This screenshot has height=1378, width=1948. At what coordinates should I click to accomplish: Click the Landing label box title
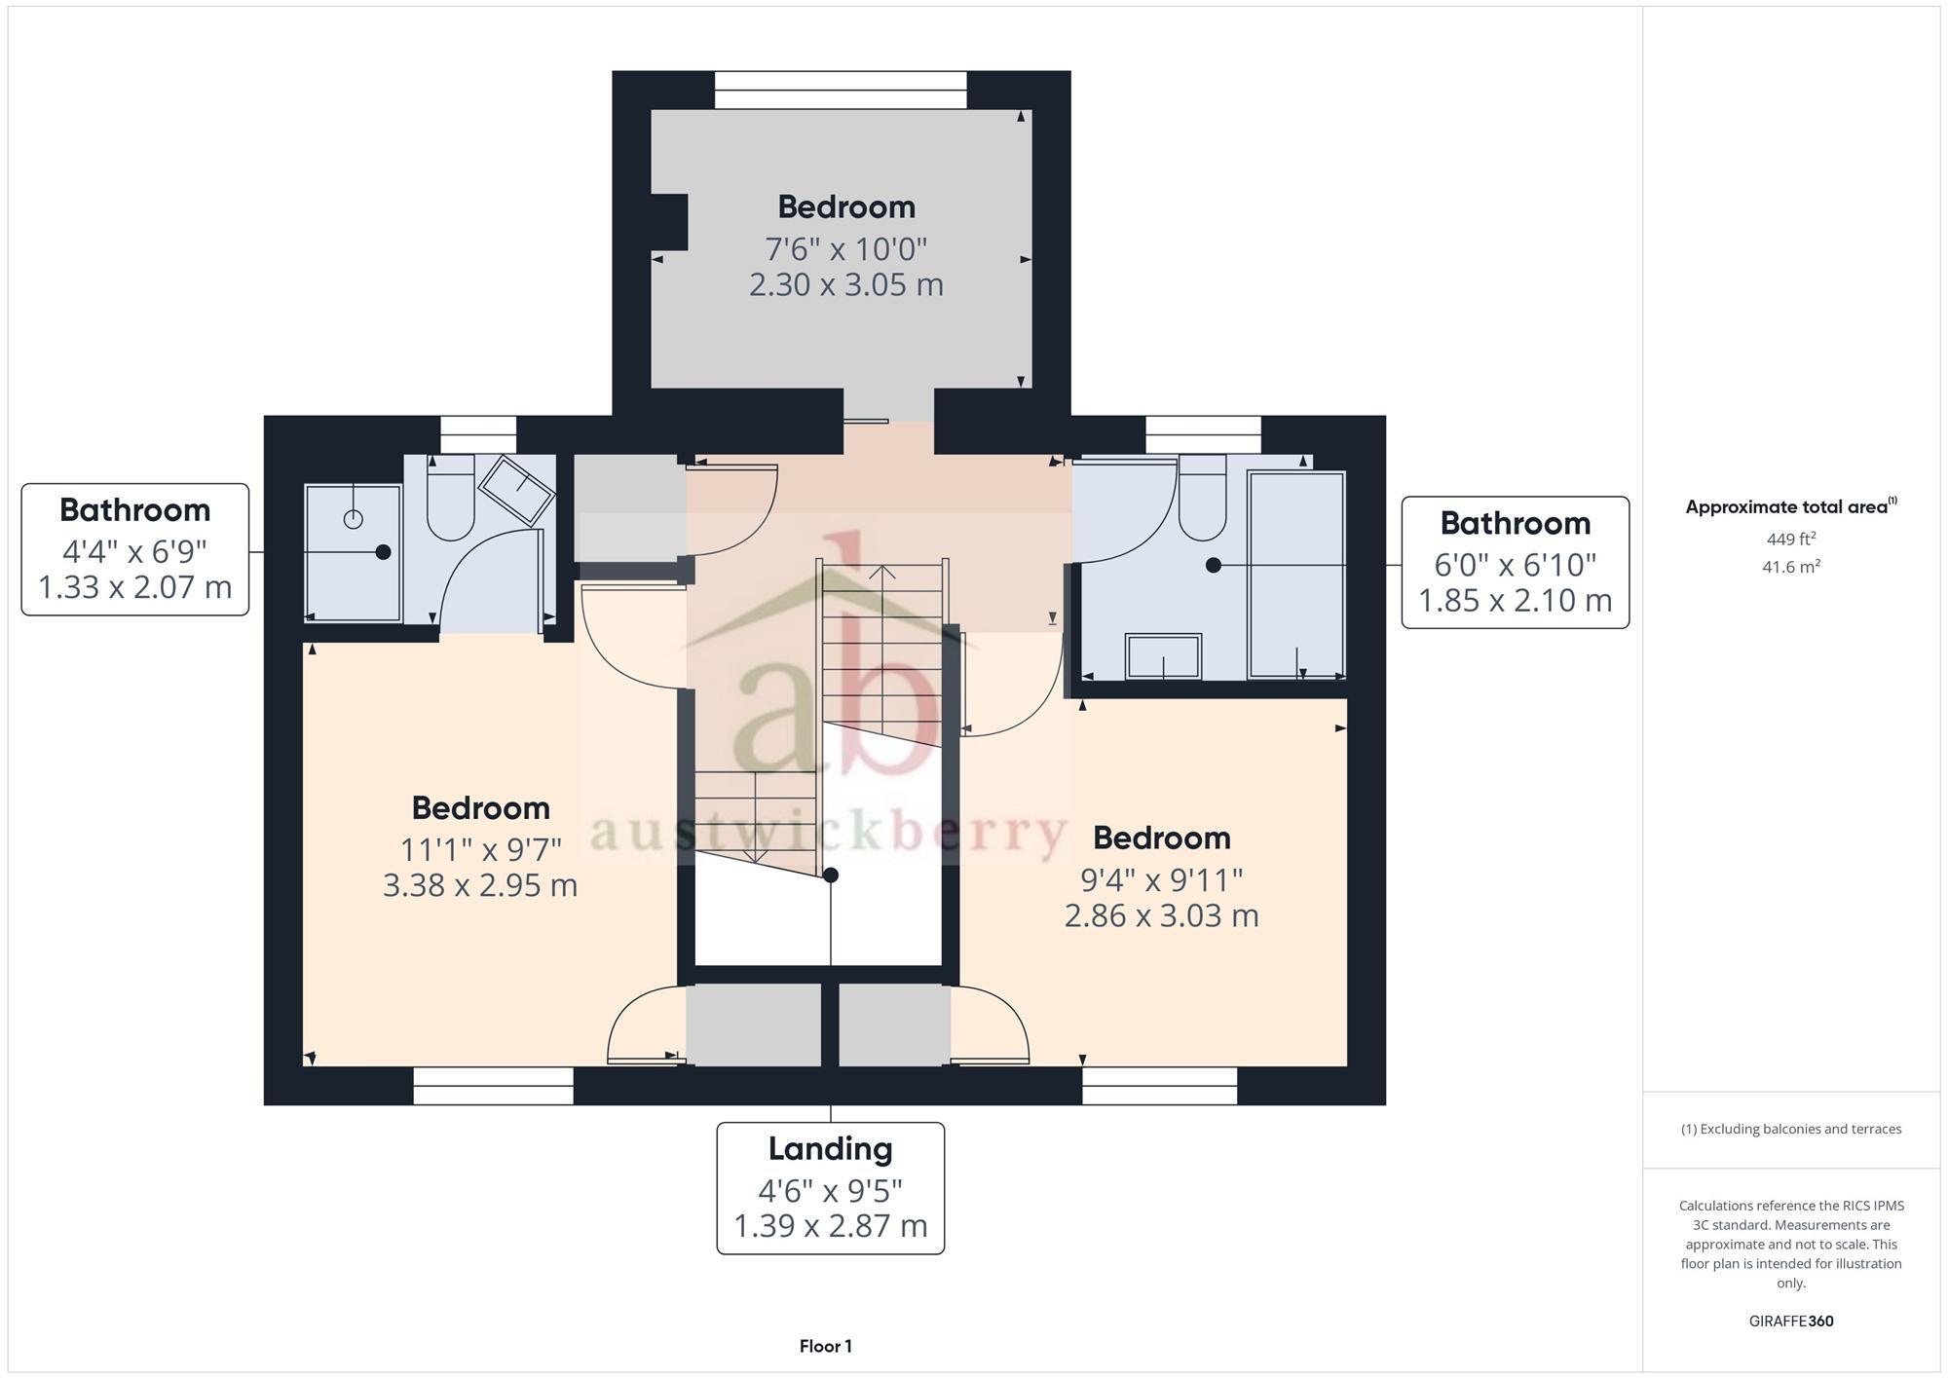point(830,1148)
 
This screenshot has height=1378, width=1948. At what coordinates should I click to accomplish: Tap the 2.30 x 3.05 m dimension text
point(845,285)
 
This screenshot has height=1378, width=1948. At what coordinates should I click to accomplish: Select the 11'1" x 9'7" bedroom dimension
point(480,849)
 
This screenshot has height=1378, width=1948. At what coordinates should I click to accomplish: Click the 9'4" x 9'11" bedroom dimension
point(1161,879)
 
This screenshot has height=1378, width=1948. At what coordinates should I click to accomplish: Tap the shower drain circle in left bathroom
point(353,519)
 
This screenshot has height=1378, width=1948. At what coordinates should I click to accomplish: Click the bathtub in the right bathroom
point(1295,575)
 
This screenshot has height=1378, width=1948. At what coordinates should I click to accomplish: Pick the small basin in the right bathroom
point(1163,655)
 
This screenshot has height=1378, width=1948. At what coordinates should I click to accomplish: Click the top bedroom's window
point(841,90)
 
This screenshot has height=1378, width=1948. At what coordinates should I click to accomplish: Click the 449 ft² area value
point(1790,539)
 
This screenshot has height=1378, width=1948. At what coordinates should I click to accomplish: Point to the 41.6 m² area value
point(1790,567)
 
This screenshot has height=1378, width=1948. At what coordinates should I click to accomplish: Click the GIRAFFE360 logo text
point(1790,1321)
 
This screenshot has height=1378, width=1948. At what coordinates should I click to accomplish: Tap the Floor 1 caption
point(825,1346)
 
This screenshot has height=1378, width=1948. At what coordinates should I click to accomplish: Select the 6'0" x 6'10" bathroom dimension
point(1515,565)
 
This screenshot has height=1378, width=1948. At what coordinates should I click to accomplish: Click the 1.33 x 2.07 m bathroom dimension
point(135,587)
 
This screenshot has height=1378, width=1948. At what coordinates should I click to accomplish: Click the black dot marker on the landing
point(831,875)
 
